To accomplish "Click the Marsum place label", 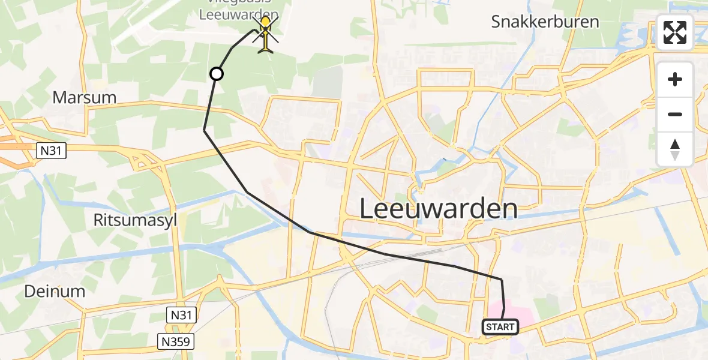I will coord(84,97).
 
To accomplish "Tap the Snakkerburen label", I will coord(545,22).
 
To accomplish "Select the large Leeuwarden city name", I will coord(439,209).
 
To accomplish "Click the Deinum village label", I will coord(55,292).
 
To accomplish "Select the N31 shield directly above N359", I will coord(182,313).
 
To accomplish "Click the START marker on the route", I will coord(500,327).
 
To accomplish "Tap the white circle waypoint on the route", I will coord(216,74).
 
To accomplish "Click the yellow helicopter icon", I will coord(266,35).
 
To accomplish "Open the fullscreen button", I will coord(675,33).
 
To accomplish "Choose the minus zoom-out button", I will coord(675,114).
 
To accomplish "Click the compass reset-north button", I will coord(675,149).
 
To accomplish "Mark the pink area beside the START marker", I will coord(521,313).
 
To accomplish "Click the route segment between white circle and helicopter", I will coord(231,49).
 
